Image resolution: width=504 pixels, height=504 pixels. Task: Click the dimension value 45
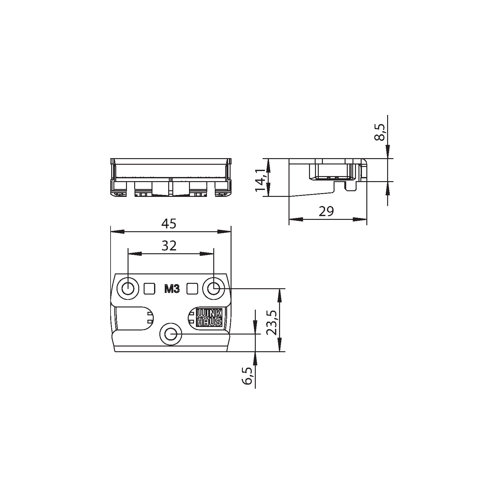tap(169, 224)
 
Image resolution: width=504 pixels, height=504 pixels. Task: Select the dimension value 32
tap(169, 246)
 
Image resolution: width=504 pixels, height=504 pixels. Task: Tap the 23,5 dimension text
tap(271, 323)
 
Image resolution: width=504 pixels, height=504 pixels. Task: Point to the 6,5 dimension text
tap(247, 376)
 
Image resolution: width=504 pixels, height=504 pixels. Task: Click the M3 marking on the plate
tap(172, 289)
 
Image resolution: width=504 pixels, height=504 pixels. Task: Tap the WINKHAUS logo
tap(209, 318)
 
